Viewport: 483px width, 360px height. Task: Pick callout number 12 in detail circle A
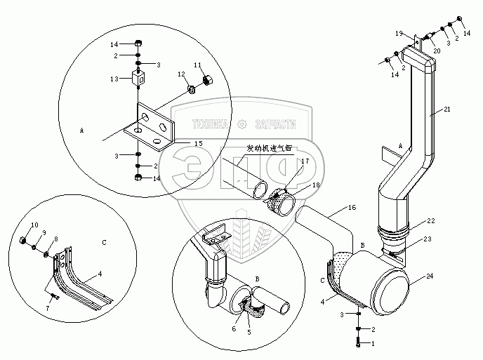(180, 74)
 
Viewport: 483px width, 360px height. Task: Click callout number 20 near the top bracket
(437, 51)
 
